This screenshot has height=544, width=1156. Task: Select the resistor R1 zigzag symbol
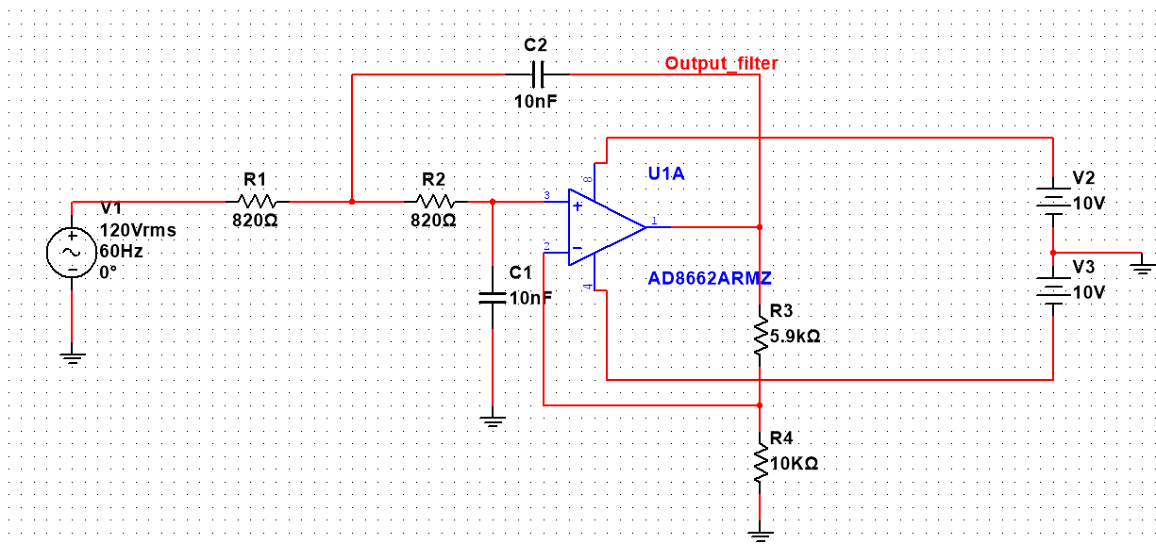click(257, 201)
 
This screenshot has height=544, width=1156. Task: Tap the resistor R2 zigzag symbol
click(434, 201)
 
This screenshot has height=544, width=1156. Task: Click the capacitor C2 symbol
click(535, 74)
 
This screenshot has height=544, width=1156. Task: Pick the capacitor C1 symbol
click(492, 297)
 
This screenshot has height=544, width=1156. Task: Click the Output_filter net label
click(721, 63)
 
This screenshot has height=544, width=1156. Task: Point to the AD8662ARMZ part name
click(710, 278)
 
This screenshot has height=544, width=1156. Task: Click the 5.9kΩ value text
click(796, 336)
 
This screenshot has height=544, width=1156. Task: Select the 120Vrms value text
click(138, 230)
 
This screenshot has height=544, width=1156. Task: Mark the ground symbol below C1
click(492, 420)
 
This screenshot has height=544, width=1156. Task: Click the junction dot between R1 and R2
click(352, 201)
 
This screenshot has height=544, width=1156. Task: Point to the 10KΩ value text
click(794, 464)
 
